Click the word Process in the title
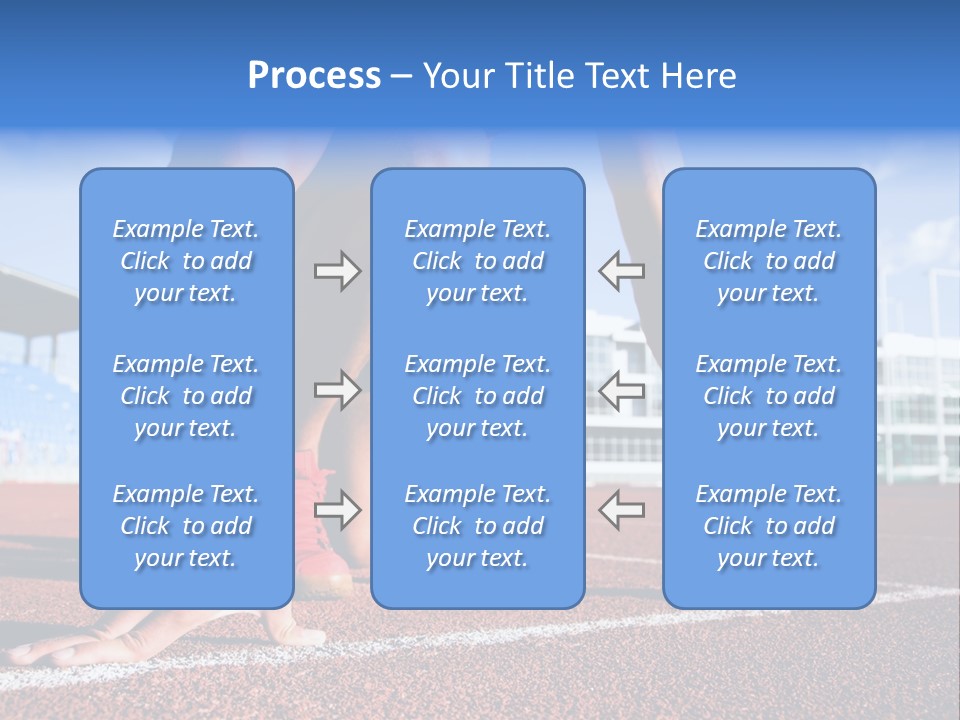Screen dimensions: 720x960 point(314,76)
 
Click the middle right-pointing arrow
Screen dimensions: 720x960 point(337,390)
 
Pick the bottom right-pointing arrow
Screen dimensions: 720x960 point(337,510)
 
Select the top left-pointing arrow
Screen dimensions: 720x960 point(622,270)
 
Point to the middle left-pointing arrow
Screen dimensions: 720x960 point(622,390)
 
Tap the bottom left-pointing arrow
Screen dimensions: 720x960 point(622,510)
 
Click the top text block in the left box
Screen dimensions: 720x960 point(186,261)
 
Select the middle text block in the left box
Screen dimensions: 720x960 point(186,396)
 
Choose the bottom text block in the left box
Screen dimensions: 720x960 point(186,526)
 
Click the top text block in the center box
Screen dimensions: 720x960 point(478,261)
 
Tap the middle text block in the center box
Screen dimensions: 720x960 point(478,396)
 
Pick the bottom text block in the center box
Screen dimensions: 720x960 point(478,526)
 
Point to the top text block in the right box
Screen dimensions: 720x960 point(769,261)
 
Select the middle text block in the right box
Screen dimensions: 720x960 point(769,396)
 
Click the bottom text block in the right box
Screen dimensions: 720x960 point(769,526)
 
